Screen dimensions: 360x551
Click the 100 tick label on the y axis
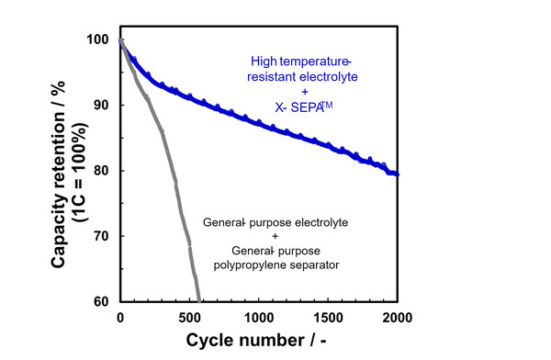98,39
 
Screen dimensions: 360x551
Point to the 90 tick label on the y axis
102,105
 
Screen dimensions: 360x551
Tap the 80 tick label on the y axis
102,171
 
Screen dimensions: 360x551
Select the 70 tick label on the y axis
102,236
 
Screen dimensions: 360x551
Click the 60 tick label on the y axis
102,301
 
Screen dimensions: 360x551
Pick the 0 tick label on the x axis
120,318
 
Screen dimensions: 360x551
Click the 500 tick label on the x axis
189,318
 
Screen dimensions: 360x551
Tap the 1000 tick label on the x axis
258,318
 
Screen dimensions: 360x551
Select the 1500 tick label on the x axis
328,318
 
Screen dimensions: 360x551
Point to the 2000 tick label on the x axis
397,318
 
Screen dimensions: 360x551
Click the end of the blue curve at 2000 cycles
396,173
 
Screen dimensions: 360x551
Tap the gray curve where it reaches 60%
198,300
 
